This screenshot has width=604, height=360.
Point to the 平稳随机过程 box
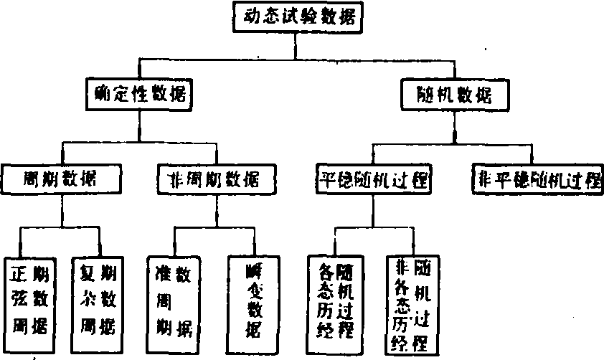point(372,179)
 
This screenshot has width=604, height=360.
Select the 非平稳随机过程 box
point(536,179)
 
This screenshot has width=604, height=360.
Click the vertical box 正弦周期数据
point(29,301)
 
